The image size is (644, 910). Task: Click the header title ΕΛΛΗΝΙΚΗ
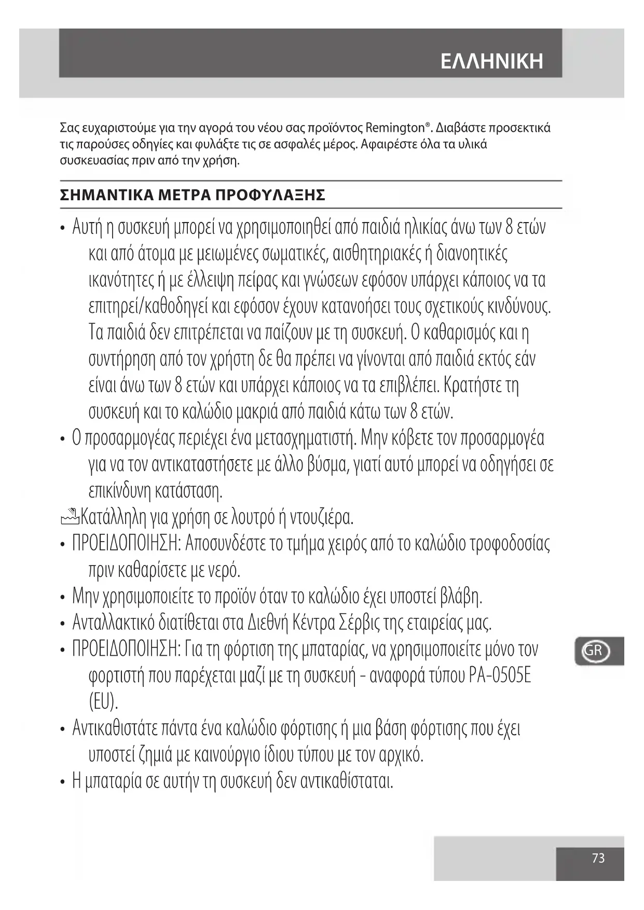coord(491,61)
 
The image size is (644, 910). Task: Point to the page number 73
coord(598,858)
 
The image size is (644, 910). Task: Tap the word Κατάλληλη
coord(113,517)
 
